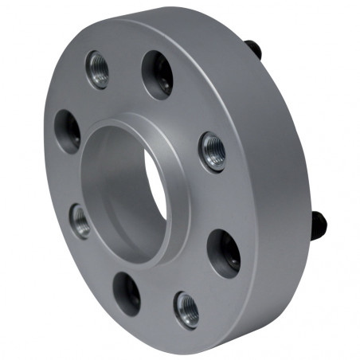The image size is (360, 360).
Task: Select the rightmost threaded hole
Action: [213, 151]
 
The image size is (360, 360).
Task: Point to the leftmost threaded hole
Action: [80, 220]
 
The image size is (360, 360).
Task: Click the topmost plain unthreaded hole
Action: [158, 75]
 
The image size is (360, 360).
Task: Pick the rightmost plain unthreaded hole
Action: [224, 253]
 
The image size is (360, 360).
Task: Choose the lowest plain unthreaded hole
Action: [127, 292]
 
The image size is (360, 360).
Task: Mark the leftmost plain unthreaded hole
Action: [68, 131]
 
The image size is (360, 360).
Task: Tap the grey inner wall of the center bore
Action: [119, 191]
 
